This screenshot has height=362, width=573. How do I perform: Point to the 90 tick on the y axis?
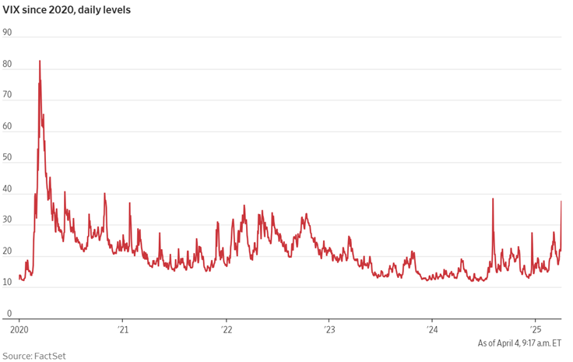click(x=8, y=33)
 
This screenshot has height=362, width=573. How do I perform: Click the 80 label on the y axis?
click(x=8, y=64)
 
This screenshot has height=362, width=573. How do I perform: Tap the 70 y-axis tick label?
click(x=8, y=95)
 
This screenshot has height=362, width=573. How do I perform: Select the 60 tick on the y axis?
click(x=8, y=126)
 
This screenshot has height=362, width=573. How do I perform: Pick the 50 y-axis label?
click(x=8, y=157)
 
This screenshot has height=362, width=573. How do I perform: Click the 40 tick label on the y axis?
click(x=8, y=188)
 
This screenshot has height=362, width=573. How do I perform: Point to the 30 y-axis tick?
click(x=8, y=220)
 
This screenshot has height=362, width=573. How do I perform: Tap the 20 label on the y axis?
click(x=8, y=251)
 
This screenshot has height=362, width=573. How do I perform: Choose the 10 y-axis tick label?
click(x=8, y=282)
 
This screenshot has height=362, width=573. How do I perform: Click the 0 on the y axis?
click(x=9, y=313)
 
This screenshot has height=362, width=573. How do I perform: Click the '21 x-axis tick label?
click(x=121, y=329)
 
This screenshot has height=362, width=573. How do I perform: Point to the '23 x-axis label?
click(x=329, y=329)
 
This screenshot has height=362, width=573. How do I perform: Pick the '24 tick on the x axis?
click(x=432, y=329)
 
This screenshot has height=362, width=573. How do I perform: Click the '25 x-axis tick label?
click(x=536, y=329)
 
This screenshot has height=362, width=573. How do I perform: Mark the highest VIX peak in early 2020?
click(x=40, y=61)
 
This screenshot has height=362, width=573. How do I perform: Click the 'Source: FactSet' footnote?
click(x=33, y=355)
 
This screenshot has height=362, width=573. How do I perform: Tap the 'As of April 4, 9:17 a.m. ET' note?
click(x=519, y=343)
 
